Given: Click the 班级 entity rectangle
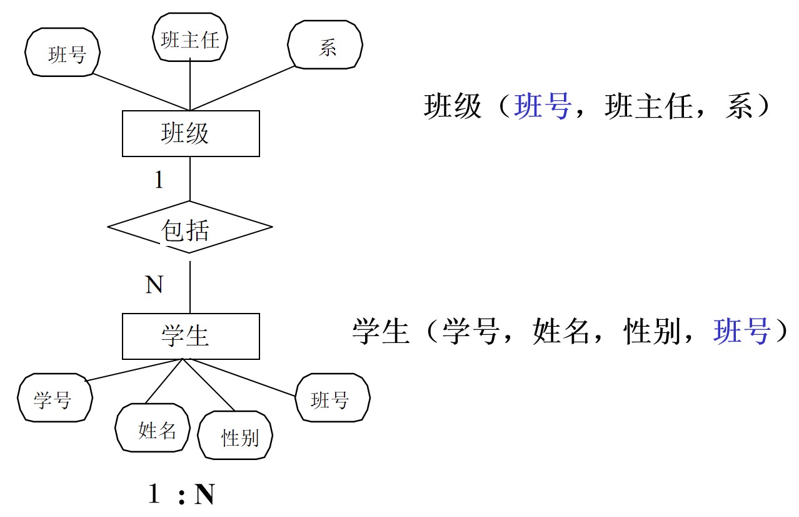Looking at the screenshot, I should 191,133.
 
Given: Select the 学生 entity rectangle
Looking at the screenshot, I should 191,336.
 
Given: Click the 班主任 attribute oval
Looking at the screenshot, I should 190,39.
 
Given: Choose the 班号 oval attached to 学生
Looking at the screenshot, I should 332,398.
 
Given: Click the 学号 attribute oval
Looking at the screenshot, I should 54,398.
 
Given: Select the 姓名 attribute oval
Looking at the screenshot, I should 153,429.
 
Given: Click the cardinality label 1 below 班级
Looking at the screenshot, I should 159,181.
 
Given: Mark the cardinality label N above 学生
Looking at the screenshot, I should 154,285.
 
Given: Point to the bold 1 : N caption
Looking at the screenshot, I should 181,494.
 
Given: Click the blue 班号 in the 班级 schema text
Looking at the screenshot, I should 541,106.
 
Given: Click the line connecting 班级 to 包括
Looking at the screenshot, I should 190,178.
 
